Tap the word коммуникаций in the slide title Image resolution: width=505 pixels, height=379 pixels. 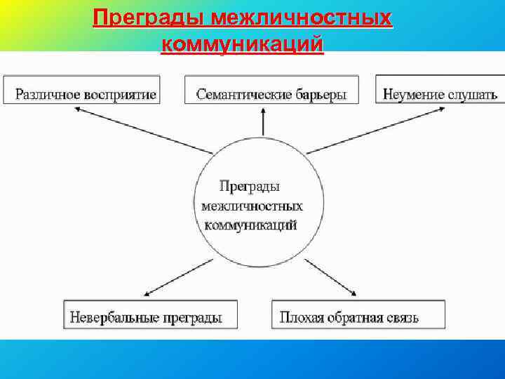pyautogui.click(x=242, y=44)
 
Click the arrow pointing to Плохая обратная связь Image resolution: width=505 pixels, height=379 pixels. pyautogui.click(x=333, y=277)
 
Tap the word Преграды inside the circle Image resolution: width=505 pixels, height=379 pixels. pyautogui.click(x=250, y=186)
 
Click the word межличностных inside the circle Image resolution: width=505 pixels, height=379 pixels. pyautogui.click(x=252, y=206)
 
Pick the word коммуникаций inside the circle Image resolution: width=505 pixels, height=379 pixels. pyautogui.click(x=251, y=225)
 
